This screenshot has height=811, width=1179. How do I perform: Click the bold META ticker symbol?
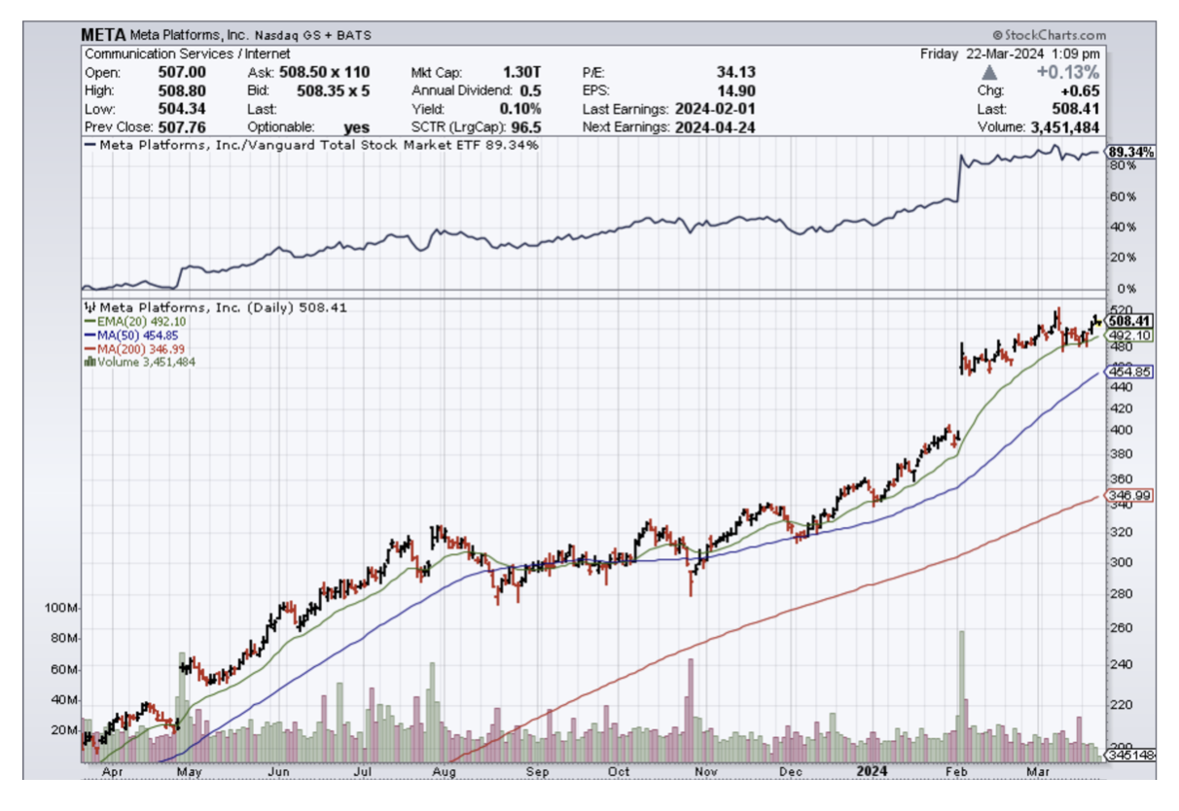103,35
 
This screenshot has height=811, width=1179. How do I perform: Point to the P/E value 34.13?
735,72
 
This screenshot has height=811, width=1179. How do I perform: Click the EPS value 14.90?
736,90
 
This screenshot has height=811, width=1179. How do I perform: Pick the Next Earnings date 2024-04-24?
714,127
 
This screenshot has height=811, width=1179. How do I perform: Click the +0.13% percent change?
1067,73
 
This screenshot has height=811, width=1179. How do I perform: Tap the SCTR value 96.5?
524,127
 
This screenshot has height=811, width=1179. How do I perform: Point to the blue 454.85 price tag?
1129,371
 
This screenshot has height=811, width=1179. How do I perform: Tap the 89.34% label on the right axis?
1131,152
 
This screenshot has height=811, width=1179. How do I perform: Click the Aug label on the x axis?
444,772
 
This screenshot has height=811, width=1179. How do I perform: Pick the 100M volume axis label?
61,608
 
